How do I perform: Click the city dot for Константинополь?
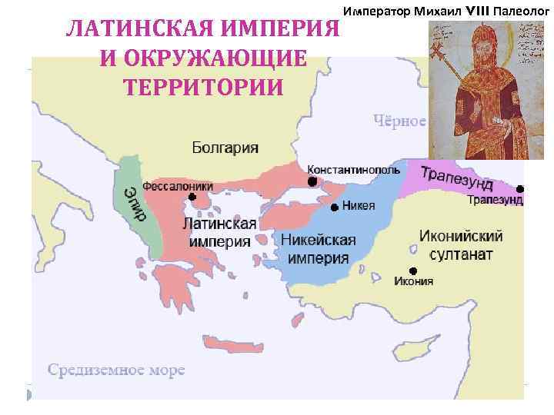(x=312, y=182)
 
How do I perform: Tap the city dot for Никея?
(x=335, y=207)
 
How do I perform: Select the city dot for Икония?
(x=413, y=270)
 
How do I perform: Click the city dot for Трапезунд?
(x=520, y=189)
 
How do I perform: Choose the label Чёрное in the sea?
(x=400, y=121)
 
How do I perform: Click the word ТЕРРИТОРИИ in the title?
(x=202, y=86)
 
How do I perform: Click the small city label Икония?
(x=413, y=281)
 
